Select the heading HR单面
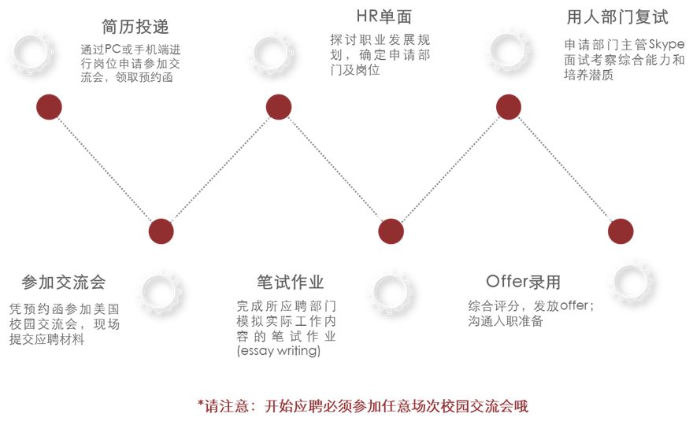(x=384, y=17)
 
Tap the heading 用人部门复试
(x=617, y=17)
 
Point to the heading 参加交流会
(x=64, y=282)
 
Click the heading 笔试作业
(x=290, y=282)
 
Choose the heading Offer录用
(x=523, y=282)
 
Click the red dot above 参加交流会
(x=161, y=231)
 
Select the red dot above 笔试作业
(x=391, y=231)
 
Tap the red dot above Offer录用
(x=621, y=231)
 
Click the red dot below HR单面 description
(x=279, y=106)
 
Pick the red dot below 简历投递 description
(x=49, y=106)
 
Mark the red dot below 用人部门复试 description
(x=508, y=106)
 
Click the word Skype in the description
(x=666, y=44)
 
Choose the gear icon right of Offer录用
(x=636, y=283)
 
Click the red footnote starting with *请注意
(x=362, y=406)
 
